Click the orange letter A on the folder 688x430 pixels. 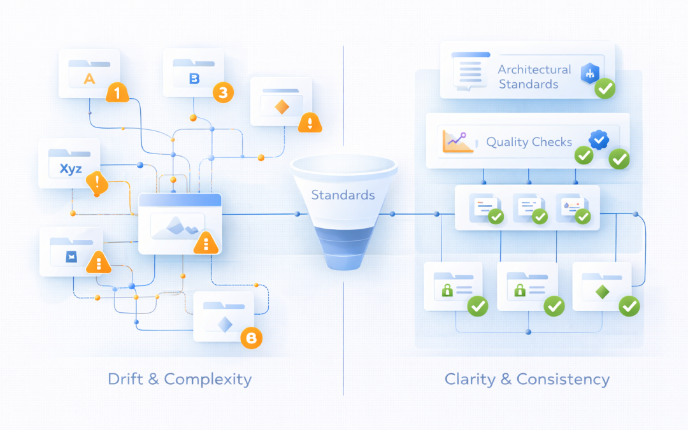point(89,79)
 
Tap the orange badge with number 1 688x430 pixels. point(117,93)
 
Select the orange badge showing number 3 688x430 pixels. point(222,93)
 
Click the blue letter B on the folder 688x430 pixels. point(194,79)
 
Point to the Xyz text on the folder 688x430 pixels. point(70,169)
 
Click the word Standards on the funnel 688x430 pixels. point(343,194)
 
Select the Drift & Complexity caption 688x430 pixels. point(180,379)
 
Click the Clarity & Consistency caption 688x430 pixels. point(527,379)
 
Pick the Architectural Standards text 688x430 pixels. point(534,76)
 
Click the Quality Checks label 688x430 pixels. point(529,142)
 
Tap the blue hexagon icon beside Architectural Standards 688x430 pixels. point(589,74)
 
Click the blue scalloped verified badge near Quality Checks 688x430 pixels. point(599,140)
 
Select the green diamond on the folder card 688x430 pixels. point(601,292)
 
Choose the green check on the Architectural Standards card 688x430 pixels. point(605,90)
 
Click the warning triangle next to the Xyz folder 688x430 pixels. point(97,183)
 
